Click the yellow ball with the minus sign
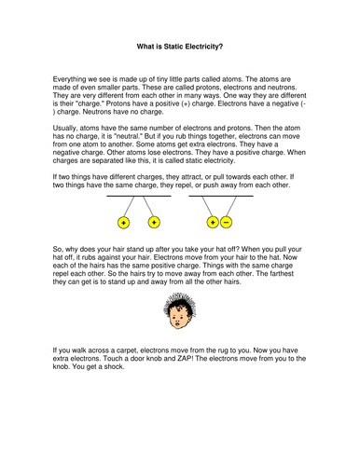(228, 224)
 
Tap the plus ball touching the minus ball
(214, 224)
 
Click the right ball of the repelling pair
(155, 224)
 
